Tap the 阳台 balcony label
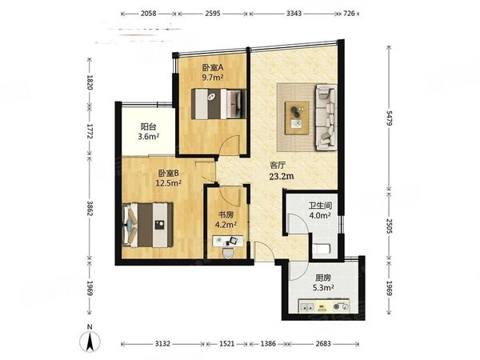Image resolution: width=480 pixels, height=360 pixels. (149, 126)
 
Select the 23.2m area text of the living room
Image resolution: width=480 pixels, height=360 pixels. (282, 176)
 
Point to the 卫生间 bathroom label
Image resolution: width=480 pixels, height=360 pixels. (320, 206)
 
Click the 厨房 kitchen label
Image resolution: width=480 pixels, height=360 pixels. (323, 278)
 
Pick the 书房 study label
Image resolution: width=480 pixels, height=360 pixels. (226, 215)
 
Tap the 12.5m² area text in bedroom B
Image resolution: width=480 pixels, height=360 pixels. (169, 183)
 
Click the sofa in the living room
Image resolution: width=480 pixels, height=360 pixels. (326, 118)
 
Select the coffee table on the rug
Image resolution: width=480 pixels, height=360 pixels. (297, 118)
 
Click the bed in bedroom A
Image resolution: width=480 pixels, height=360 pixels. (218, 104)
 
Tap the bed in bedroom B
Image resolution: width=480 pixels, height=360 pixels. (147, 225)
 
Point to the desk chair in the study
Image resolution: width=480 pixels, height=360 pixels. (227, 253)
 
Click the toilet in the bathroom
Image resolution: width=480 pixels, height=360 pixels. (321, 249)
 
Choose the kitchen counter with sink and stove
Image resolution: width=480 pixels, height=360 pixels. (324, 306)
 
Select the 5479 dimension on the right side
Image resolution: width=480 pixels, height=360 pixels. (389, 118)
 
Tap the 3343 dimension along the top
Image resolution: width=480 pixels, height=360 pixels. (294, 14)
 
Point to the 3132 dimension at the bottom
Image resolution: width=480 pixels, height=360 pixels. (162, 344)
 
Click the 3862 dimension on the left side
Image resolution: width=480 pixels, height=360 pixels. (90, 209)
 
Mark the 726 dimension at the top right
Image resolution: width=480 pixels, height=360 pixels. (349, 14)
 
